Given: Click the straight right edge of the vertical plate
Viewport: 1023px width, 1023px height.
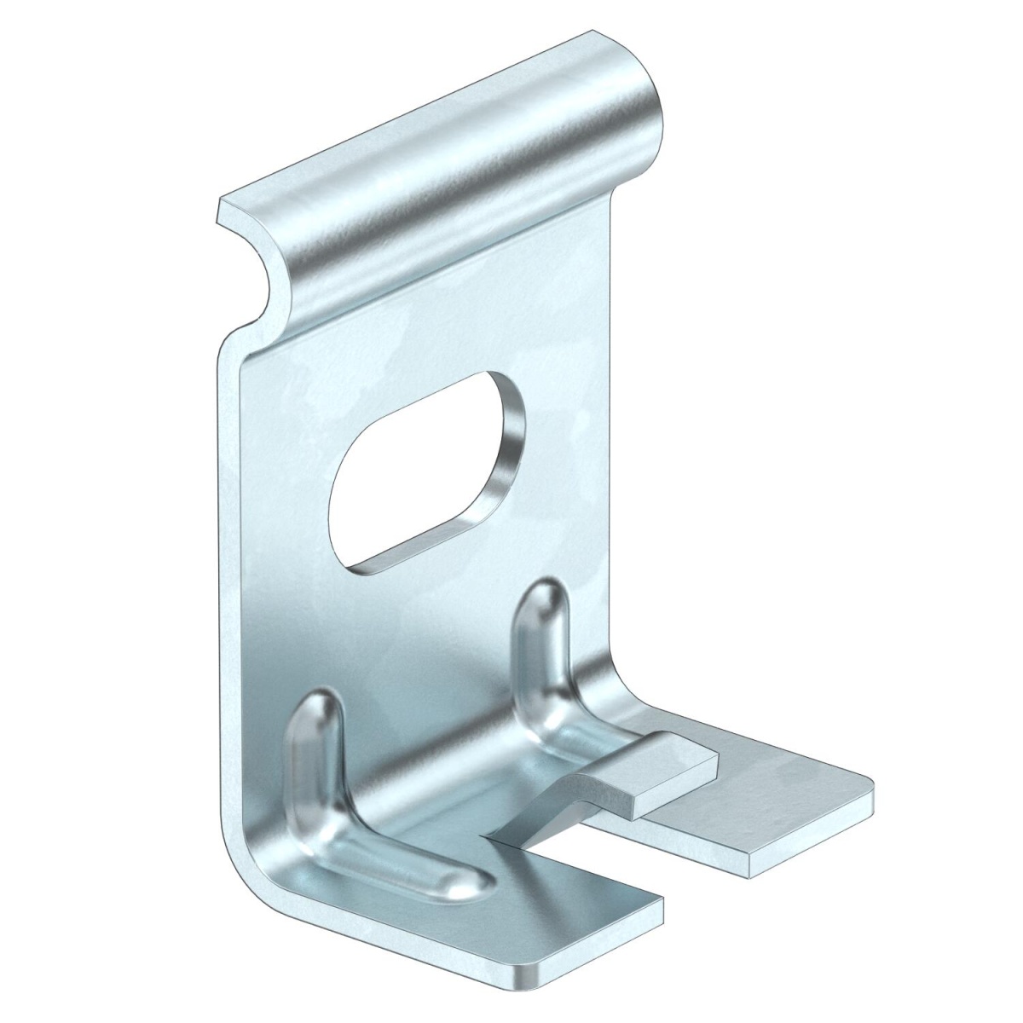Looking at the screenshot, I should click(x=610, y=426).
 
